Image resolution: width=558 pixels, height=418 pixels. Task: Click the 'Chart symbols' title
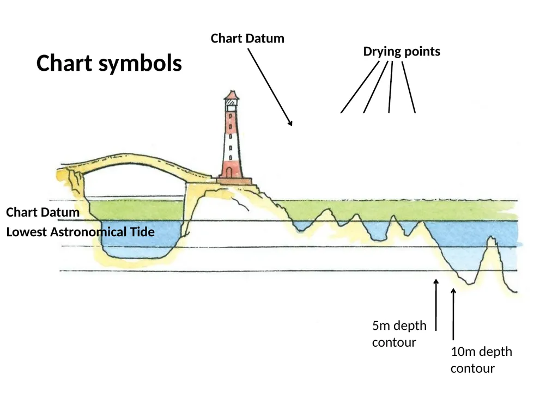(x=109, y=64)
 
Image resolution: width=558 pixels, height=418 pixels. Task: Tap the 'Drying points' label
(x=402, y=52)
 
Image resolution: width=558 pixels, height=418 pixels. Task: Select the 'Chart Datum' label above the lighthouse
(x=247, y=39)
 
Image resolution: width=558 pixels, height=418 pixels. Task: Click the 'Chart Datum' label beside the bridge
(x=43, y=212)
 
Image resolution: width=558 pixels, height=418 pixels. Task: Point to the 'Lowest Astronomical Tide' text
(x=81, y=232)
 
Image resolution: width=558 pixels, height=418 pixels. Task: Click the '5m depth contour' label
(x=399, y=334)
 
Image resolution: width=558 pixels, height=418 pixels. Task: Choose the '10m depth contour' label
(x=481, y=360)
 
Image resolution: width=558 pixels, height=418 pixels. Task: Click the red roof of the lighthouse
(x=232, y=95)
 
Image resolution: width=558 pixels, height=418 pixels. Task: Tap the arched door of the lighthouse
(x=229, y=172)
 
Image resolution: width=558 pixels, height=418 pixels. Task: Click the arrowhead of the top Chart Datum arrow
(x=290, y=123)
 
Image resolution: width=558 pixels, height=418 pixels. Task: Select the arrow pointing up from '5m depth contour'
(x=436, y=305)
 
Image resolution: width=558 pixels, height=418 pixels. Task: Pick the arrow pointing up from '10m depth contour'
(x=453, y=314)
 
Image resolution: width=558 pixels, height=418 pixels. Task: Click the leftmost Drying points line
(x=360, y=87)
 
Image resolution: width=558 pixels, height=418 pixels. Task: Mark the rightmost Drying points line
(x=409, y=88)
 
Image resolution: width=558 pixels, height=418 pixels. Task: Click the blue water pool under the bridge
(x=140, y=239)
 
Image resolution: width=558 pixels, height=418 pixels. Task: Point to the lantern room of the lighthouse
(x=231, y=105)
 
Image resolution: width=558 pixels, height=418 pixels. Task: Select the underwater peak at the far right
(x=492, y=239)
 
